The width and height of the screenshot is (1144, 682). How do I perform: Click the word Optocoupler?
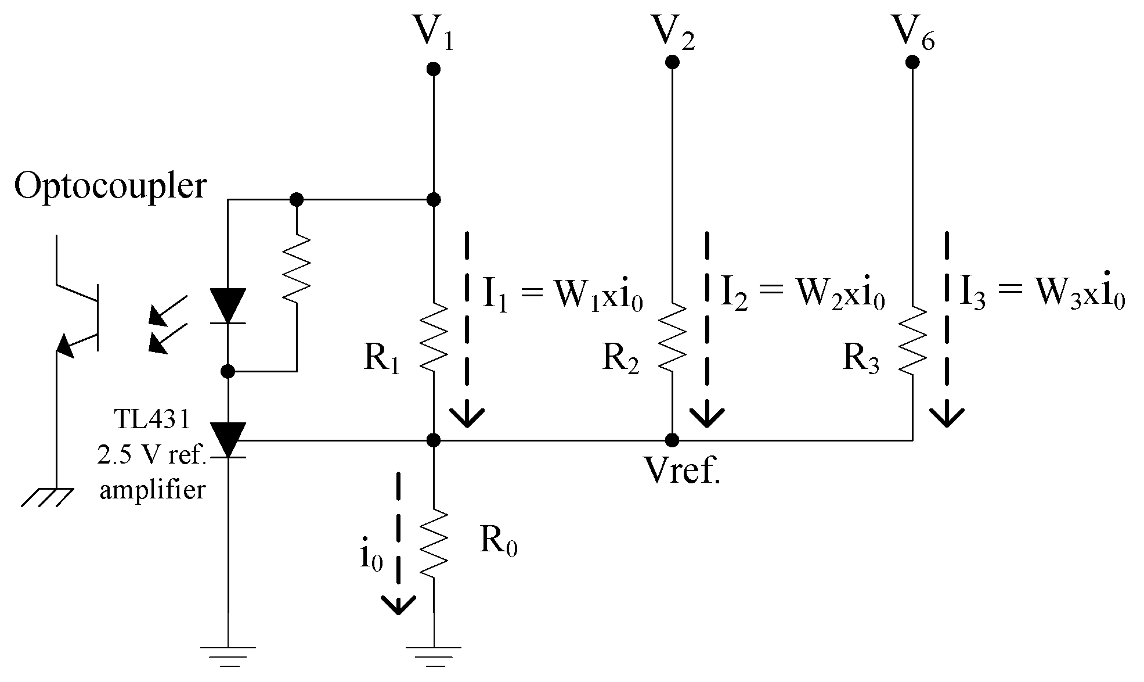pyautogui.click(x=110, y=187)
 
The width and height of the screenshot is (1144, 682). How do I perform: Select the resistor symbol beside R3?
pyautogui.click(x=912, y=340)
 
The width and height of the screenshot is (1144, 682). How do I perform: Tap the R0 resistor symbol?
pyautogui.click(x=433, y=543)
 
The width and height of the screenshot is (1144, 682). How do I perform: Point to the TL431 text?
pyautogui.click(x=152, y=419)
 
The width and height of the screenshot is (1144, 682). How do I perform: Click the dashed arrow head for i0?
pyautogui.click(x=398, y=604)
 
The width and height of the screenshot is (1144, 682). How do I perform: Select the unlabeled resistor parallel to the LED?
pyautogui.click(x=297, y=267)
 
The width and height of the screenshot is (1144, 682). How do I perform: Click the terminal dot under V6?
pyautogui.click(x=912, y=62)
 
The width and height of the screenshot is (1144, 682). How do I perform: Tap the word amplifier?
pyautogui.click(x=153, y=490)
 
